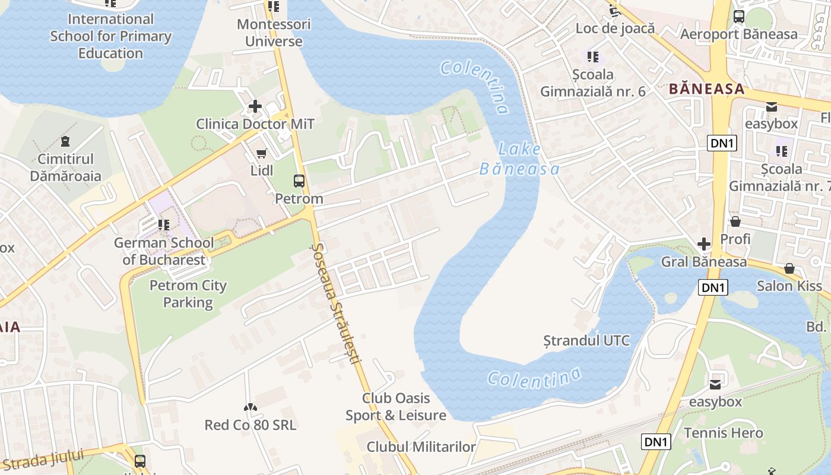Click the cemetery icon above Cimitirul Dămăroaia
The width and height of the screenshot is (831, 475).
[65, 141]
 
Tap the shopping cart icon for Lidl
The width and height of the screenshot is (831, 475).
[261, 154]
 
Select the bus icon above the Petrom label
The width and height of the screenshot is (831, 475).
[299, 181]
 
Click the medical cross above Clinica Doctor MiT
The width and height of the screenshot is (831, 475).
[255, 106]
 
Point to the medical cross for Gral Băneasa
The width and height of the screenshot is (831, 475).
[704, 244]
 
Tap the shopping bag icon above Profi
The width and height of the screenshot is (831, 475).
[735, 221]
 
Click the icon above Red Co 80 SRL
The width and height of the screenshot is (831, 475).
[250, 407]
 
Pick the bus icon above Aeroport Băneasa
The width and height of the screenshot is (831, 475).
[739, 17]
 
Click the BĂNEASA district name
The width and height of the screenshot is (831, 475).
[706, 89]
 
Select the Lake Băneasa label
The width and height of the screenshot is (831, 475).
[519, 159]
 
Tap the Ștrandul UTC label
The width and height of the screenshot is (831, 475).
[586, 341]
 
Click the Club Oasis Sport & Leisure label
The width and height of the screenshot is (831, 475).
[396, 407]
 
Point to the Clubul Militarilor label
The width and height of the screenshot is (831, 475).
[421, 446]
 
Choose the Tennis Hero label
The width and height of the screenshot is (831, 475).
[724, 433]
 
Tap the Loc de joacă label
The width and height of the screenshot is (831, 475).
[615, 28]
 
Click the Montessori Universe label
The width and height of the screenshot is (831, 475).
[274, 33]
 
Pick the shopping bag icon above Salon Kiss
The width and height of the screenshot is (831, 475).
[789, 268]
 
